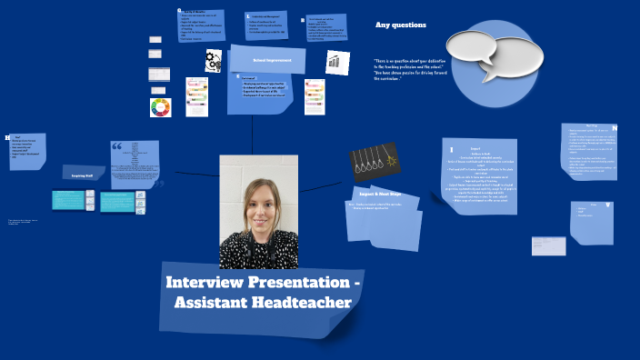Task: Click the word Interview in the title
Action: (209, 282)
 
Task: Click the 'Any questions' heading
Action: (401, 25)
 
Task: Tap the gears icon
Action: (214, 61)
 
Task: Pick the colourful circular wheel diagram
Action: (160, 107)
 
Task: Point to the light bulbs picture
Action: (375, 162)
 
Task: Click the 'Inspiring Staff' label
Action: (84, 173)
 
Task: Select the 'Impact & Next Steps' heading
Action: (380, 195)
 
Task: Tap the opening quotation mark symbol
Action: (116, 146)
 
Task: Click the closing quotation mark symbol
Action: (157, 185)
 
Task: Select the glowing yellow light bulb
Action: (393, 161)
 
